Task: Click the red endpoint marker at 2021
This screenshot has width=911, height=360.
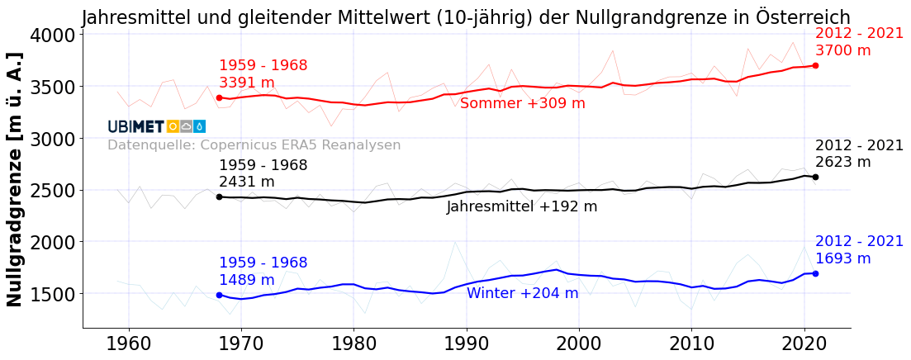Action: [x=815, y=65]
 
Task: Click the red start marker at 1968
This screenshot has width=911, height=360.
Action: [x=219, y=97]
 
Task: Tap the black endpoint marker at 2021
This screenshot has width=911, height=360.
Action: [x=815, y=177]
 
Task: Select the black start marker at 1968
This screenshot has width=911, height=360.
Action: [x=219, y=197]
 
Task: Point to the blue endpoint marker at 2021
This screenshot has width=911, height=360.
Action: [x=815, y=273]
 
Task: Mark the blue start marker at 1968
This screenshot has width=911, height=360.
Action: [x=219, y=295]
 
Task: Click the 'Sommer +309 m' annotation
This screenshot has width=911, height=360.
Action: [x=522, y=104]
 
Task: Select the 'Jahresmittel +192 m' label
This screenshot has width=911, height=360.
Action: [x=521, y=207]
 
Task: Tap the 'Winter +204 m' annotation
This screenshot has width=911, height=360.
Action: [x=522, y=294]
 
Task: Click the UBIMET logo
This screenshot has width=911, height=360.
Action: [x=156, y=126]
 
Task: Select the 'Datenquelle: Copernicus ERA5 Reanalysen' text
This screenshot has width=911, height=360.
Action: [x=254, y=145]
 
